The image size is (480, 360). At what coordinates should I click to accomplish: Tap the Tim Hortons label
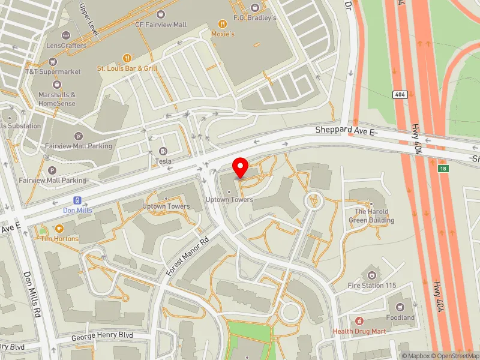pos(59,238)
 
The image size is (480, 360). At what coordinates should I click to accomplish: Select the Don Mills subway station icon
pos(77,200)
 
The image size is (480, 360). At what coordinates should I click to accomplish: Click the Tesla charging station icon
pos(163,151)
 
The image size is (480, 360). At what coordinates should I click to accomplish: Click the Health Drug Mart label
pos(359,331)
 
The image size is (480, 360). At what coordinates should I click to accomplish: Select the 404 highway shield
pos(400,95)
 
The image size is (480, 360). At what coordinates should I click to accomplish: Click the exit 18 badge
pos(443,169)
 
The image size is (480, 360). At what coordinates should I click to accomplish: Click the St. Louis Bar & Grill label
pos(127,68)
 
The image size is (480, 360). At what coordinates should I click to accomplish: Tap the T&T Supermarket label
pos(53,71)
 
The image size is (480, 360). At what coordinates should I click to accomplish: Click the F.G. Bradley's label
pos(256,18)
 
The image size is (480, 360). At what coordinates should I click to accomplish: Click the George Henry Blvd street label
pos(102,336)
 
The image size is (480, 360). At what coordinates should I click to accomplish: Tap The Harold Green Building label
pos(371,216)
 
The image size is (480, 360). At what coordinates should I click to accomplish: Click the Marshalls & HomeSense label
pos(57,98)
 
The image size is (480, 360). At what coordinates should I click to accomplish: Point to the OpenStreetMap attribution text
pos(454,356)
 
